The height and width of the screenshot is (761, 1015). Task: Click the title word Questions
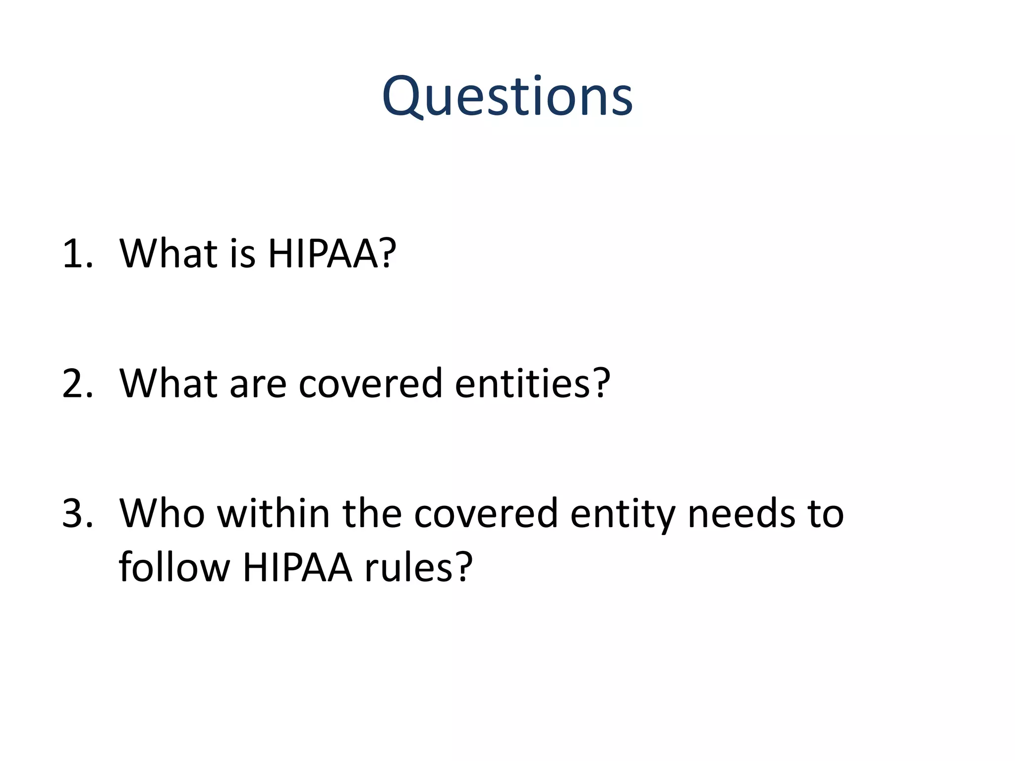507,97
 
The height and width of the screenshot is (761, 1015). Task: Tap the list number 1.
77,254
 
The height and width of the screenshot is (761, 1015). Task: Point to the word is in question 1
242,254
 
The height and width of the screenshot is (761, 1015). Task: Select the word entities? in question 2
533,383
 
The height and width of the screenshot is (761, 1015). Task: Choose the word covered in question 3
486,513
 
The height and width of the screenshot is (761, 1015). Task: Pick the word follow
174,566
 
